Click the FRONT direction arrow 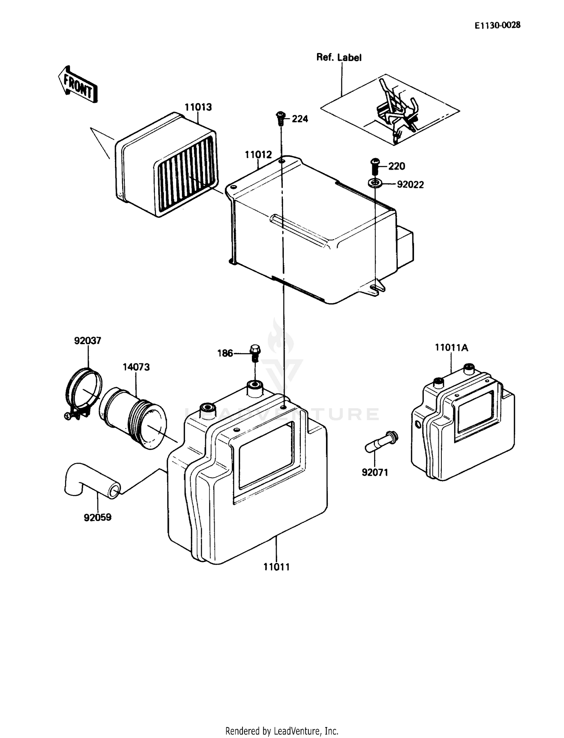[77, 84]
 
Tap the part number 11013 [198, 107]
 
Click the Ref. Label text [339, 58]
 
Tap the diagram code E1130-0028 [497, 25]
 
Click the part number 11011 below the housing [276, 567]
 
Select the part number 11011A [451, 348]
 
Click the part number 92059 [97, 518]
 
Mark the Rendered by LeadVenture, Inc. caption [282, 731]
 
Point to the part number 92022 [410, 185]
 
